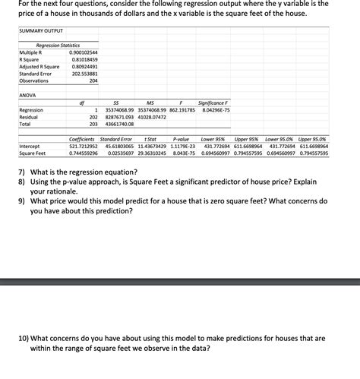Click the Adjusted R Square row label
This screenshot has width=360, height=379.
pyautogui.click(x=39, y=66)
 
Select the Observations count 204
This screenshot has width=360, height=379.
pyautogui.click(x=93, y=81)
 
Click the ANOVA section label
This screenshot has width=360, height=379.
pyautogui.click(x=27, y=96)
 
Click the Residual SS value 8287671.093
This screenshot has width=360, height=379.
pyautogui.click(x=117, y=117)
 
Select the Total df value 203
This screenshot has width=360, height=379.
pyautogui.click(x=93, y=124)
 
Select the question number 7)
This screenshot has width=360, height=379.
pyautogui.click(x=23, y=172)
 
